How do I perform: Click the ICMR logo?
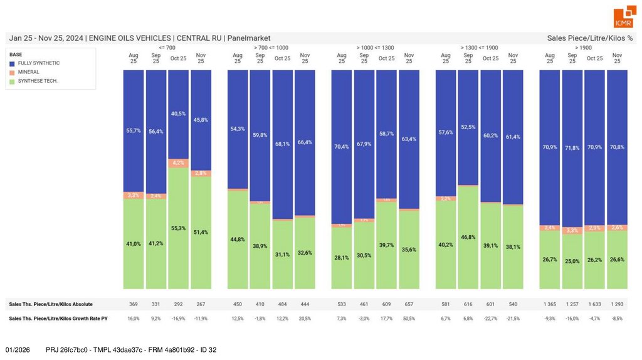[624, 17]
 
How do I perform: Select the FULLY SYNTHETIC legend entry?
[39, 63]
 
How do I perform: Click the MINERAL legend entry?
[28, 72]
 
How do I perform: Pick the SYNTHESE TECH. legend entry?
[38, 81]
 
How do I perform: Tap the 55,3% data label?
[178, 228]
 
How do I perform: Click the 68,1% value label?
[282, 144]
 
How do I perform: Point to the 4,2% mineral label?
[178, 162]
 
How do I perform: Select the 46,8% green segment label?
[468, 238]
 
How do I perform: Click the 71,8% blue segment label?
[572, 147]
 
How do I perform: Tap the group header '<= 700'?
[167, 48]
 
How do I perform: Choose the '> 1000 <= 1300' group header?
[375, 48]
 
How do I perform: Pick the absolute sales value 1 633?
[594, 304]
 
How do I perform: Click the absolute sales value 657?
[409, 304]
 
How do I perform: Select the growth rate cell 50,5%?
[409, 319]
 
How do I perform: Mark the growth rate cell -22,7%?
[490, 319]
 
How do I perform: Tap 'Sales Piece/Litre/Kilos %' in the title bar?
[589, 38]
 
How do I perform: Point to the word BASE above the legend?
[16, 55]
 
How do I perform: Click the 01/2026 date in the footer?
[18, 349]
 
